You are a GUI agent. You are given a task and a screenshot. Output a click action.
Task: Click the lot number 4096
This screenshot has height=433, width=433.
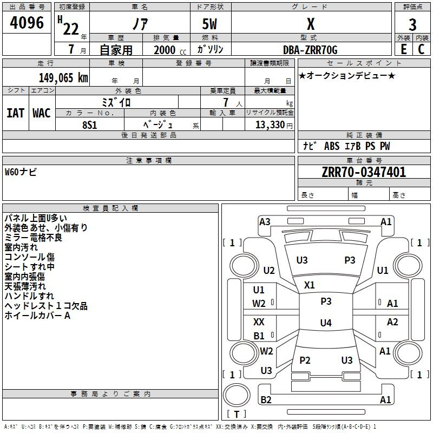(x=27, y=23)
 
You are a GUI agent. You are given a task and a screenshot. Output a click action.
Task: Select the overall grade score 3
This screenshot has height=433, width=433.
(x=412, y=25)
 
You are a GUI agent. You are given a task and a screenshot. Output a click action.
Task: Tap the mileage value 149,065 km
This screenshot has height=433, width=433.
(x=63, y=78)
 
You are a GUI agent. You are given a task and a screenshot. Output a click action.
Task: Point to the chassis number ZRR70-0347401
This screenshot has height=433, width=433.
(x=364, y=172)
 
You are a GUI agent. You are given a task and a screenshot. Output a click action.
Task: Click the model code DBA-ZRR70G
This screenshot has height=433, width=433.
(x=310, y=50)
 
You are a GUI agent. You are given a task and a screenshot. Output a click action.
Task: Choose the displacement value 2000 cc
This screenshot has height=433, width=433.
(x=170, y=50)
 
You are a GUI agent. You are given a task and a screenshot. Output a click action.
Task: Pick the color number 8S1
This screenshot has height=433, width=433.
(x=89, y=125)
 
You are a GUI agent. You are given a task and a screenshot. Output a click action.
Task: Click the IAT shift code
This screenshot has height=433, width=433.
(x=16, y=113)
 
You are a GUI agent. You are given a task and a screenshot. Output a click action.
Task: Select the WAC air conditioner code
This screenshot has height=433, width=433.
(x=42, y=113)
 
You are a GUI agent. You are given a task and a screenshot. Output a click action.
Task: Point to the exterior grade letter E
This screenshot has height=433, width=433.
(x=403, y=49)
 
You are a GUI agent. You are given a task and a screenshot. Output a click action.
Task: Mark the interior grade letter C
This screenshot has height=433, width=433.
(x=421, y=49)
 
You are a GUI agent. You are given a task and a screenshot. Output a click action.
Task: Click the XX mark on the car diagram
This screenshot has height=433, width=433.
(x=259, y=322)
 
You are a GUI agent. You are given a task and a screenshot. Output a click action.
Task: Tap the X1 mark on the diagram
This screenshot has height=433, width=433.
(x=309, y=285)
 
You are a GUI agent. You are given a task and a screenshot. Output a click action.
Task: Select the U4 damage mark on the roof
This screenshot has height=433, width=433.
(x=326, y=323)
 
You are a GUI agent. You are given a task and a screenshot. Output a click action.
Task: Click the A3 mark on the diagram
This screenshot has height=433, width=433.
(x=265, y=222)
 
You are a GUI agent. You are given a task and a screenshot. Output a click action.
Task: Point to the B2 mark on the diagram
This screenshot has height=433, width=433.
(x=266, y=399)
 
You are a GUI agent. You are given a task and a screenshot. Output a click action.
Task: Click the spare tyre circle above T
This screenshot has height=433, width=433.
(x=237, y=395)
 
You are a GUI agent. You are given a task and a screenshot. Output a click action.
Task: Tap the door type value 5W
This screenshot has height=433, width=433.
(x=209, y=24)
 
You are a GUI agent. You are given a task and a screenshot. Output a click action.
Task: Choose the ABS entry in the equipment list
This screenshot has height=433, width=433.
(x=332, y=146)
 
